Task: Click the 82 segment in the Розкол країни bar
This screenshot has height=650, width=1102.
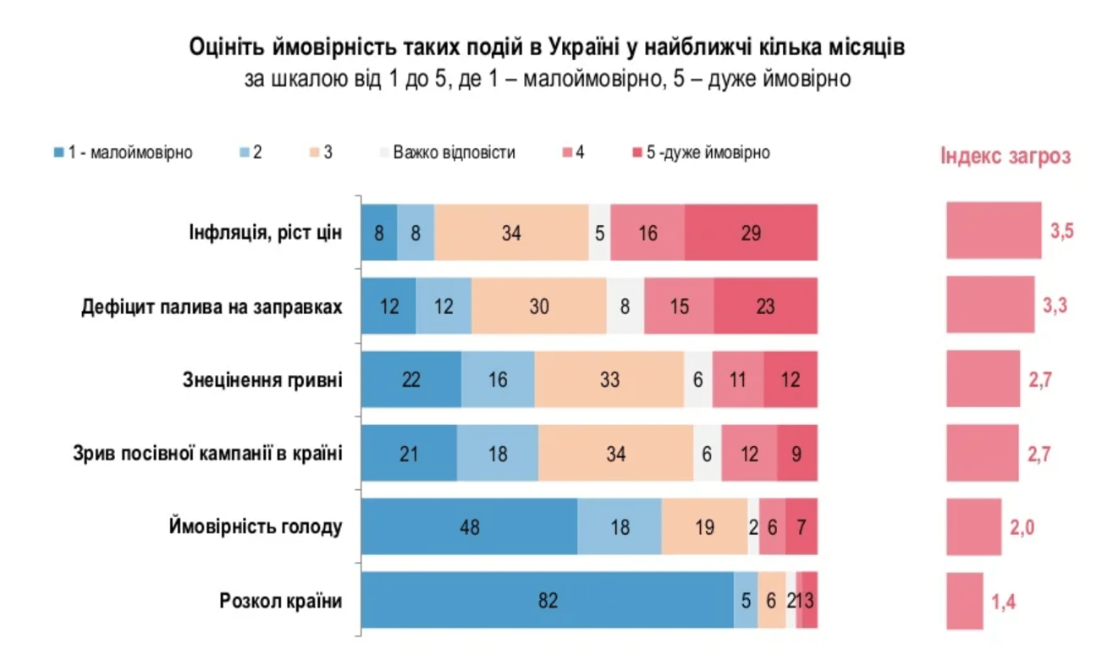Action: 548,601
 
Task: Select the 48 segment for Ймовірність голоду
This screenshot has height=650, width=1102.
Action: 470,527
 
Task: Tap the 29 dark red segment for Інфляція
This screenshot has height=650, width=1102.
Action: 751,232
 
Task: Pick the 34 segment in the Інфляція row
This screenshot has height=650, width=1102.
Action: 511,232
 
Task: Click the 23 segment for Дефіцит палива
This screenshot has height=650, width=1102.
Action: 765,306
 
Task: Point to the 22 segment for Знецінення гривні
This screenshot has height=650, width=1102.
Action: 411,380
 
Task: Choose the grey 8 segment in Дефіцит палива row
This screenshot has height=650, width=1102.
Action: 625,306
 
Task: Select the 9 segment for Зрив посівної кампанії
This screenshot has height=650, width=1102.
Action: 797,454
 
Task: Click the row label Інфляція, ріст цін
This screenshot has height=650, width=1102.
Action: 265,232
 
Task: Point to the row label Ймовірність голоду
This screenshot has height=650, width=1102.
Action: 256,527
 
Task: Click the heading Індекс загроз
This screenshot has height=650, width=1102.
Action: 1006,157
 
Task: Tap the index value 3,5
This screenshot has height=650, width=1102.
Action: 1061,232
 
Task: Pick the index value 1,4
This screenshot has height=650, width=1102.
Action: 1004,602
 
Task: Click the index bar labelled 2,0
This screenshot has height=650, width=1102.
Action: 973,527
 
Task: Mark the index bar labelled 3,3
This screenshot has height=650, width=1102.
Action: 990,306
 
